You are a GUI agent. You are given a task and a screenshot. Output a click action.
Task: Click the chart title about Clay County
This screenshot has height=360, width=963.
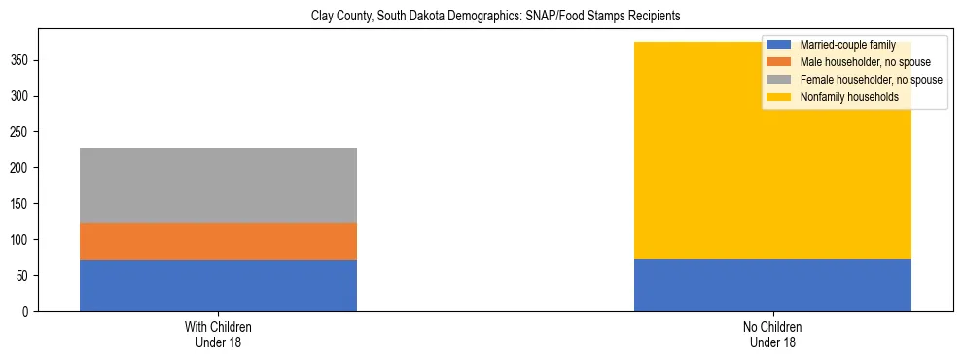tap(495, 17)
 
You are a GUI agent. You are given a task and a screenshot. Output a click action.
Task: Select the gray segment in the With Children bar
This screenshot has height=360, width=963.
tap(218, 185)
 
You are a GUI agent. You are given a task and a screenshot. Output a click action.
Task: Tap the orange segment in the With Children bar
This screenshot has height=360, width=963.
tap(218, 241)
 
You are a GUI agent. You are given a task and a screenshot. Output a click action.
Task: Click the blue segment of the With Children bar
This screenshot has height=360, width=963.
tap(218, 285)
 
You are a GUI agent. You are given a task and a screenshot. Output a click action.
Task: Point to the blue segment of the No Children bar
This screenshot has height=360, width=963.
tap(772, 285)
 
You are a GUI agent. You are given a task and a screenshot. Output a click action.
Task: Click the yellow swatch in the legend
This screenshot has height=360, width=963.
tap(780, 97)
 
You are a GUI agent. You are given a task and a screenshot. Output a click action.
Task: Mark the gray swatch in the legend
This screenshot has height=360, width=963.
tap(780, 80)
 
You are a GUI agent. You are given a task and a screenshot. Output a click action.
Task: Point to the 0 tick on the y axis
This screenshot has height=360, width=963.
tap(27, 311)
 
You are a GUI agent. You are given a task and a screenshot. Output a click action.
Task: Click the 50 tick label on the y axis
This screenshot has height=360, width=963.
tap(24, 275)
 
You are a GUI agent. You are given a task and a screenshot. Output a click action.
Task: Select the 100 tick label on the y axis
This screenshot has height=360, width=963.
tap(21, 239)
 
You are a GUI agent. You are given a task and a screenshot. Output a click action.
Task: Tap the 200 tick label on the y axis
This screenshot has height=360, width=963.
tap(21, 168)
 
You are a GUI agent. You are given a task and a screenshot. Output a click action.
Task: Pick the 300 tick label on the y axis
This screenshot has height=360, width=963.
tap(21, 96)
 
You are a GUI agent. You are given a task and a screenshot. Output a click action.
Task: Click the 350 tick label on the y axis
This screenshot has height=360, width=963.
tap(21, 60)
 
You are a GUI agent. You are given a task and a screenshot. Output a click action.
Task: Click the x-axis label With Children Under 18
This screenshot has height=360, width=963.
tap(218, 334)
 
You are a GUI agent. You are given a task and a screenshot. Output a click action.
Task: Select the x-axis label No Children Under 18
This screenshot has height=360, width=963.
tap(772, 334)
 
